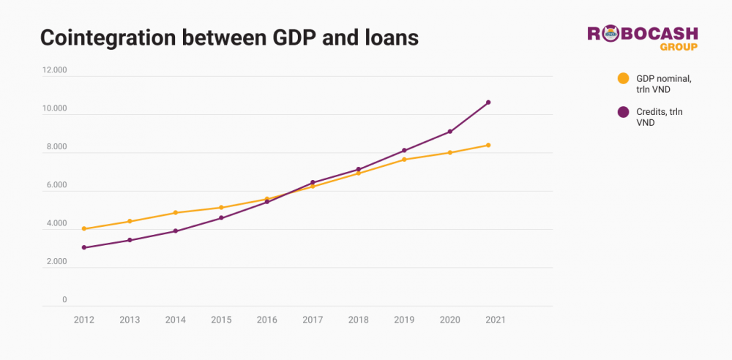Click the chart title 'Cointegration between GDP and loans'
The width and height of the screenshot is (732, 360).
pyautogui.click(x=229, y=38)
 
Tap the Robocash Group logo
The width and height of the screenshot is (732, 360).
pyautogui.click(x=643, y=38)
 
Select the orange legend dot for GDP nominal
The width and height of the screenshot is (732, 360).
pyautogui.click(x=623, y=78)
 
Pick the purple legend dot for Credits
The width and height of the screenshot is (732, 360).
pyautogui.click(x=623, y=112)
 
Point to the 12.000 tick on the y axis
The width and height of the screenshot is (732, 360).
pyautogui.click(x=55, y=71)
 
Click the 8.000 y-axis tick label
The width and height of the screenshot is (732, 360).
pyautogui.click(x=55, y=147)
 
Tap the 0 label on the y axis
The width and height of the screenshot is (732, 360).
pyautogui.click(x=64, y=300)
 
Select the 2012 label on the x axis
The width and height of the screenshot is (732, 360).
pyautogui.click(x=83, y=320)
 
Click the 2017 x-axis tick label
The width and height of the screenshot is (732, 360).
pyautogui.click(x=313, y=320)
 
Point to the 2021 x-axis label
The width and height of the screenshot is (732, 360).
pyautogui.click(x=496, y=320)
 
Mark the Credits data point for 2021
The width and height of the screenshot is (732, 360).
pyautogui.click(x=488, y=102)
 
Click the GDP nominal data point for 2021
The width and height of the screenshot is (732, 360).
pyautogui.click(x=488, y=145)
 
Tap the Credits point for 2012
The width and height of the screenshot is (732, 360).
pyautogui.click(x=84, y=247)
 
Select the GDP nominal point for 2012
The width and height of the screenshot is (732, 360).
pyautogui.click(x=84, y=228)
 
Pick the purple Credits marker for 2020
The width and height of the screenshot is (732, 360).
pyautogui.click(x=450, y=132)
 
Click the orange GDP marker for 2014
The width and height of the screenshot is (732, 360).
pyautogui.click(x=176, y=213)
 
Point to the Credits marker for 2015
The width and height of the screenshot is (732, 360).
pyautogui.click(x=221, y=218)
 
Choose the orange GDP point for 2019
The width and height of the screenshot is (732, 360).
pyautogui.click(x=404, y=160)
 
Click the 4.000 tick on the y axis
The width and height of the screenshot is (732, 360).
pyautogui.click(x=55, y=224)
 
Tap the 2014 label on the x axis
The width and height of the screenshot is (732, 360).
pyautogui.click(x=175, y=320)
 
